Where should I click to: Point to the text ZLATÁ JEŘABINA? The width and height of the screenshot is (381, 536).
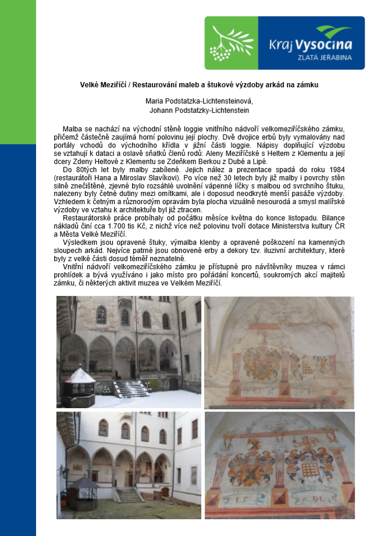pyautogui.click(x=326, y=58)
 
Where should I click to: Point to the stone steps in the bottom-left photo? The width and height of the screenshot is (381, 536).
pyautogui.click(x=129, y=495)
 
